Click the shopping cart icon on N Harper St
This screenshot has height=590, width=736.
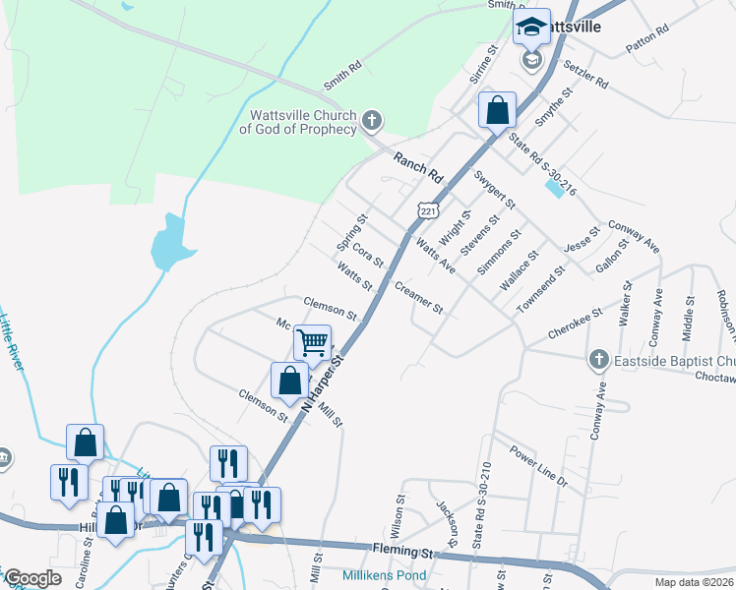313,343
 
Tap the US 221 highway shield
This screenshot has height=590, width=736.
426,210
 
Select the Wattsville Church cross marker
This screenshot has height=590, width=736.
371,121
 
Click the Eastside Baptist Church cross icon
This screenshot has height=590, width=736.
598,361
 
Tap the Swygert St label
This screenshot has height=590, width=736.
494,188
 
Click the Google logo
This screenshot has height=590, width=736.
32,578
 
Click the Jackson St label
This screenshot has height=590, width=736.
449,522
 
